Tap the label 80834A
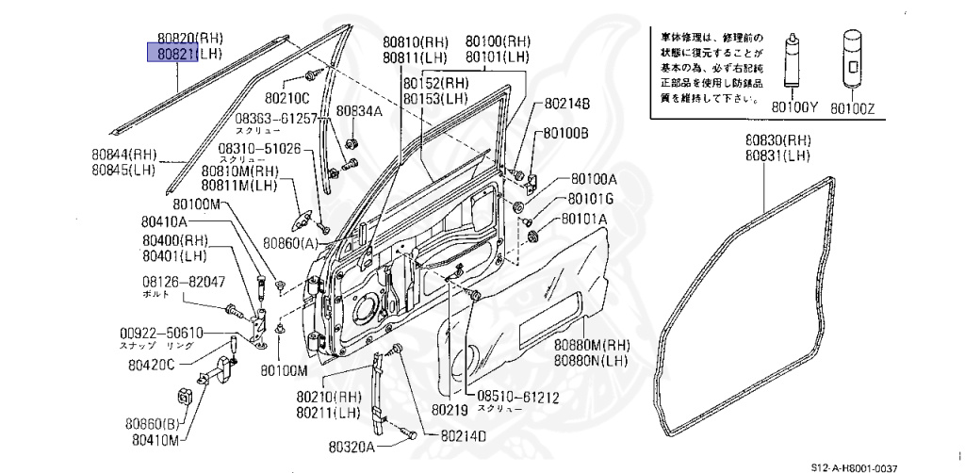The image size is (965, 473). point(360,111)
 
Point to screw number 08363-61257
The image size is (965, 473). point(270,120)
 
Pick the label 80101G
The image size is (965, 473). point(590,199)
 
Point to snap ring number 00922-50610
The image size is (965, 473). point(161,334)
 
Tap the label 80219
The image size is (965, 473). point(450,411)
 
